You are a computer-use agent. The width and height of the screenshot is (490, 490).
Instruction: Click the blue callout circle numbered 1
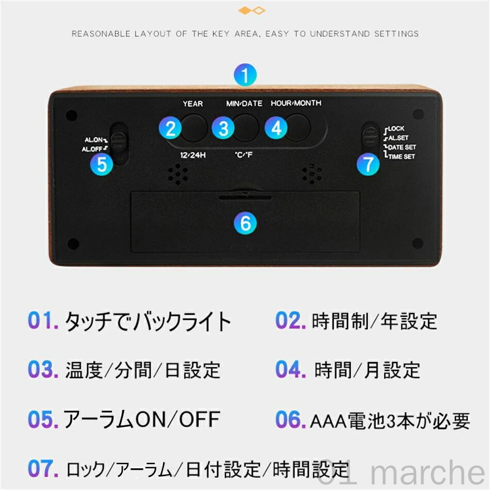[245, 75]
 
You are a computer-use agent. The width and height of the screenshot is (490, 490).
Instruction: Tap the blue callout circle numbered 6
[246, 223]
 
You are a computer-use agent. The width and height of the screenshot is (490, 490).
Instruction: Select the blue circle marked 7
[368, 164]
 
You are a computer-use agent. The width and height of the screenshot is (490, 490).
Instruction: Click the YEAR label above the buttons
[193, 104]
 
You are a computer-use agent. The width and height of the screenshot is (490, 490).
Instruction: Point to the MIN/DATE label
[244, 104]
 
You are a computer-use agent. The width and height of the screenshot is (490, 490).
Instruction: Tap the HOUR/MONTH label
[296, 103]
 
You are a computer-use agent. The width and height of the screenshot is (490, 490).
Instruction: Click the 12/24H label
[193, 155]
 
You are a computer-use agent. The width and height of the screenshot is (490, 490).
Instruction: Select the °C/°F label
[243, 155]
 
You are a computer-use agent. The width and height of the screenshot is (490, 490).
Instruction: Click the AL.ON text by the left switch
[94, 140]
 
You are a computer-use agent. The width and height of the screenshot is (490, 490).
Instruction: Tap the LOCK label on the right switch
[396, 128]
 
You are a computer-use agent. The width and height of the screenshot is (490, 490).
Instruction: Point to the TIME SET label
[402, 157]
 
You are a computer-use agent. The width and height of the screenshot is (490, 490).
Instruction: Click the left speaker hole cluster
[178, 174]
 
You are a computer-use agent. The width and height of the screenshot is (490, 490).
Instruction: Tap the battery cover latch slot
[245, 197]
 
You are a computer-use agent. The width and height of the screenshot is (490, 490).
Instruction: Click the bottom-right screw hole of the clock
[417, 243]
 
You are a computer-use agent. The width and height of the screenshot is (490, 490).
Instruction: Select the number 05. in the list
[43, 419]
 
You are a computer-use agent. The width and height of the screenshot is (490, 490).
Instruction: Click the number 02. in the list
[290, 321]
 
